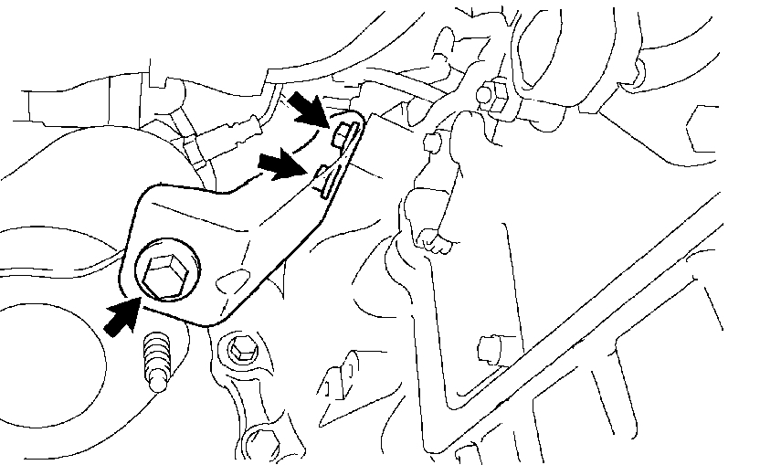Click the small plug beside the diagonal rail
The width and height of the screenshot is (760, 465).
coord(491,350)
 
